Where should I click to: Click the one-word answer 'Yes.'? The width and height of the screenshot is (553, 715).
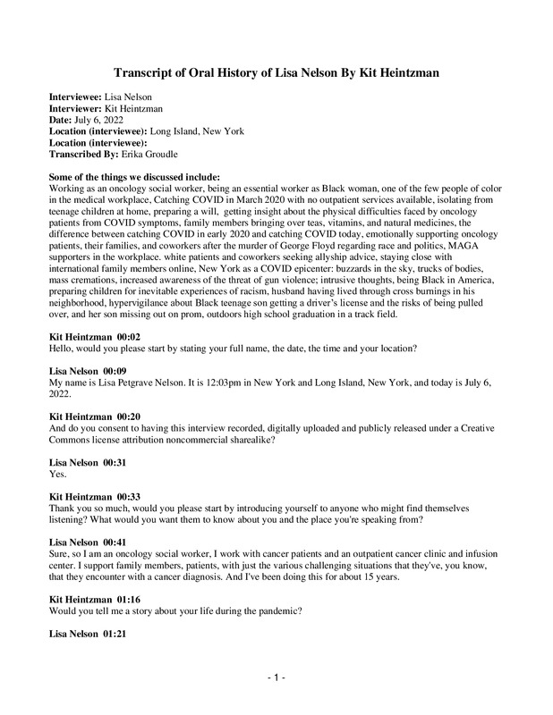click(58, 475)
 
